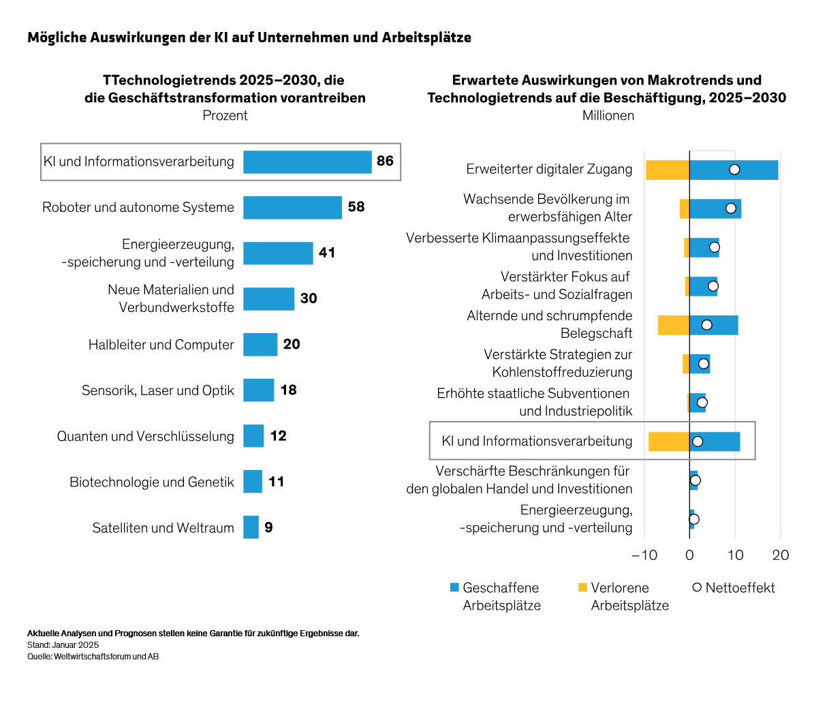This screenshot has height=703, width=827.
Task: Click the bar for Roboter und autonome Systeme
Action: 292,208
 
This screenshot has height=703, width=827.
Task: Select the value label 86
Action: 385,161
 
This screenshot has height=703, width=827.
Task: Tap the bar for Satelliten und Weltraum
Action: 251,527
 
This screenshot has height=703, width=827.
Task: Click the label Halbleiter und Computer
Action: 161,345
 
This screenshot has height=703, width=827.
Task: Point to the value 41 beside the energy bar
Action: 327,253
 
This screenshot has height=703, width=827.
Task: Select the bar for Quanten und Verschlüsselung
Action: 253,436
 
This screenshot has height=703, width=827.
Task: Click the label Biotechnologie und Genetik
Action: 151,482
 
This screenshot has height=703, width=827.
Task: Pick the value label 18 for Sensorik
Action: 288,390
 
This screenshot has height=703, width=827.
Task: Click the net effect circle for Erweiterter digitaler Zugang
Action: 734,170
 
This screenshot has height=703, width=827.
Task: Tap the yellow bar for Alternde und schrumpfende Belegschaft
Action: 673,326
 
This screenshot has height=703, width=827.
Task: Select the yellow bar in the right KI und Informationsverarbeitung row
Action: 668,441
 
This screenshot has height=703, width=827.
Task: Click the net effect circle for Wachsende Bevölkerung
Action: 731,208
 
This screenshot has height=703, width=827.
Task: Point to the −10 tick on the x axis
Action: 644,555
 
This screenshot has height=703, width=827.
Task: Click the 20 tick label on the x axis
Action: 781,555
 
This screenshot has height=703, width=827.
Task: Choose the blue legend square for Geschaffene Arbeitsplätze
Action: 454,587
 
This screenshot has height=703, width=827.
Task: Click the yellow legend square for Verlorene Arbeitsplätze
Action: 582,587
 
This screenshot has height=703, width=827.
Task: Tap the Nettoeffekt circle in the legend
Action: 697,587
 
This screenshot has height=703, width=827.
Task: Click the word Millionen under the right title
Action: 608,116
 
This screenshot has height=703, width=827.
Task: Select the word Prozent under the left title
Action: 225,116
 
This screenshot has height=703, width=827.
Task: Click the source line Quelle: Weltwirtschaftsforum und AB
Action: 93,657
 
